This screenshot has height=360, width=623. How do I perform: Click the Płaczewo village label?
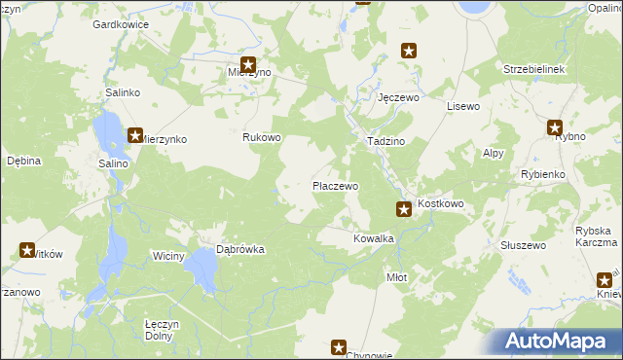(335, 185)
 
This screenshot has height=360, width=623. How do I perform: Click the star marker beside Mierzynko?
(135, 136)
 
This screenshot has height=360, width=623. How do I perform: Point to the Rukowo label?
(262, 137)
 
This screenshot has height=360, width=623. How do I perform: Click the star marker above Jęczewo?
(410, 51)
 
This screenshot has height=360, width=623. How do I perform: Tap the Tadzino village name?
(385, 141)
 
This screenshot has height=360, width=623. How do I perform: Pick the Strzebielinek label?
(534, 70)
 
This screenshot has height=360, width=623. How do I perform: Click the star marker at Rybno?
(555, 126)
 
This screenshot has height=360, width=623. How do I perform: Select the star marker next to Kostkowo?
(403, 207)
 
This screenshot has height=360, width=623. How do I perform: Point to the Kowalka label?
(373, 237)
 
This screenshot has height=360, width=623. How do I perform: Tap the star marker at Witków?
(26, 249)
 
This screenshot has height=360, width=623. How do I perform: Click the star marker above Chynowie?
(339, 346)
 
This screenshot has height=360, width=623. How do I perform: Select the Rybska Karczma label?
(597, 236)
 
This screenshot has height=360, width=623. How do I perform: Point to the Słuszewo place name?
(523, 245)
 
